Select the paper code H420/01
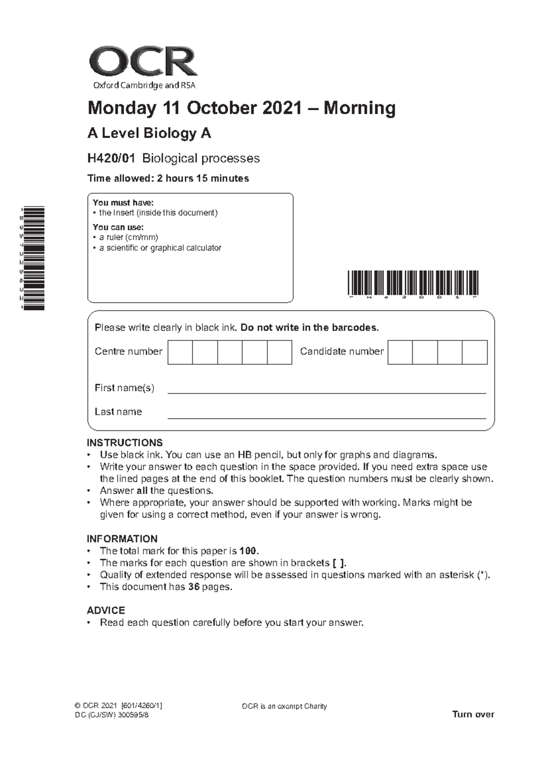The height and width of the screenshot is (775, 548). point(111,159)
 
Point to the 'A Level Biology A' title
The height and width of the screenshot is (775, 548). point(149,133)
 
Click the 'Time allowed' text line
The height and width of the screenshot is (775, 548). point(168,179)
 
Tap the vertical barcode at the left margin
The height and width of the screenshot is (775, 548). point(35,258)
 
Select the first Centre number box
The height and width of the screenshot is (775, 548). point(180,352)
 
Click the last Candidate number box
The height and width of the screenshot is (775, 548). point(474,352)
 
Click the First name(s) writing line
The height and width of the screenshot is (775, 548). point(327,392)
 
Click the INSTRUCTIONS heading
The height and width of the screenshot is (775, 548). point(125,443)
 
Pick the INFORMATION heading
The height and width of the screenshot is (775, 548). point(122,539)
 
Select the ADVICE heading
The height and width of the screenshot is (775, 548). point(106,610)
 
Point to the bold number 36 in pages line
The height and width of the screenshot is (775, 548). point(194,587)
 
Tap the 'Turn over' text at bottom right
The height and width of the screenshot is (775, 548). point(473,714)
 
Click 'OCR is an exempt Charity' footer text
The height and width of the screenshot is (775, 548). point(284,706)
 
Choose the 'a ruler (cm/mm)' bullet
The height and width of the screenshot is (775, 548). point(128,237)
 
